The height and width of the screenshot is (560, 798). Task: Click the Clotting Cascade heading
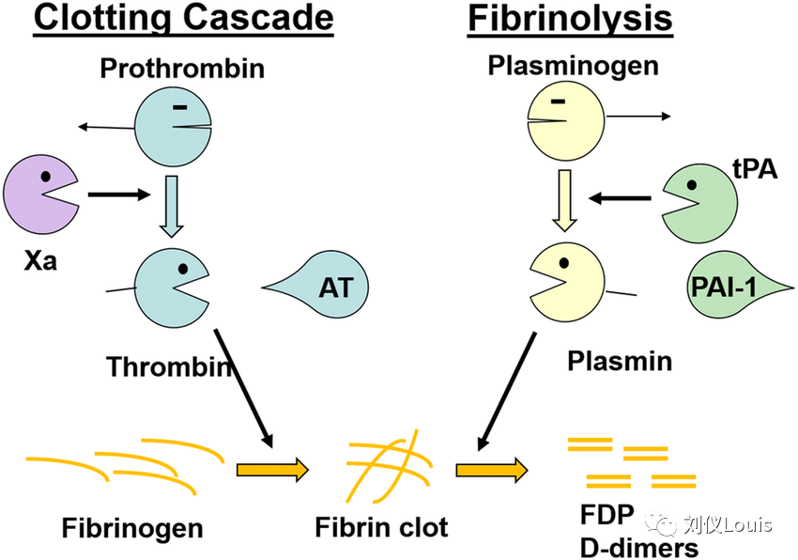(x=183, y=19)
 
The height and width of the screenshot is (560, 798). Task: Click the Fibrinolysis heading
(x=570, y=19)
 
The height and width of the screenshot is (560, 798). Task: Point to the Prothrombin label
(x=182, y=69)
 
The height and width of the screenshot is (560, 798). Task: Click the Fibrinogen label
(x=132, y=527)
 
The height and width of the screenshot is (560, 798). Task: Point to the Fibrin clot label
(x=381, y=526)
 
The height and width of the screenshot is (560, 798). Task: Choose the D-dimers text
(x=638, y=547)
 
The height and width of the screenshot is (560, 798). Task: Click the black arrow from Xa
(x=119, y=194)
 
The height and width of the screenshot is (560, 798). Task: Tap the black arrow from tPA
(x=621, y=198)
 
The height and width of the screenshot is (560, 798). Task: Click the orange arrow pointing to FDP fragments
(x=492, y=469)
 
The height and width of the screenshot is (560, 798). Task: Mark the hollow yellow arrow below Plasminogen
(x=564, y=200)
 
